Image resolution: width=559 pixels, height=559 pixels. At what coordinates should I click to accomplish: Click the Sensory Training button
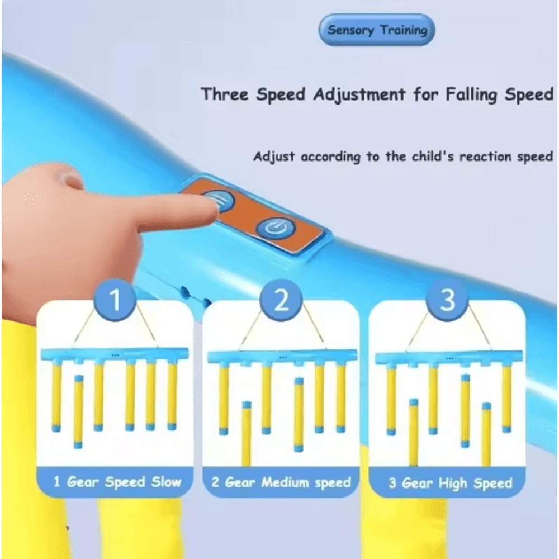coord(377,30)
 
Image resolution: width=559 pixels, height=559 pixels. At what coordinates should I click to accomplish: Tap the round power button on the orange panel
coord(275,227)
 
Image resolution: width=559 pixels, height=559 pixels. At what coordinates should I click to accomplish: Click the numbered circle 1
coord(115,300)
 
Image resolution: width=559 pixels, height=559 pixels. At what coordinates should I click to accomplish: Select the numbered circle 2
coord(281,300)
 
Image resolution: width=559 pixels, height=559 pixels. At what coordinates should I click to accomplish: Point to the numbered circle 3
coord(448,300)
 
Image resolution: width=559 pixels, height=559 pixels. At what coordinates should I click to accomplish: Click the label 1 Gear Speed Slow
coord(117,482)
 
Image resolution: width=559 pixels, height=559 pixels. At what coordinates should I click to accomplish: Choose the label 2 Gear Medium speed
coord(281,482)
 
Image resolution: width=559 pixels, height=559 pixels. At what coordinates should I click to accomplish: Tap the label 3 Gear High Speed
coord(450,483)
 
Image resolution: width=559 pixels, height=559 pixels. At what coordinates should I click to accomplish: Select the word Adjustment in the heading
coord(358,94)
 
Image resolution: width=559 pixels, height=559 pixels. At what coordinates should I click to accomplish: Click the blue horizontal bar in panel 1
coord(115,354)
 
